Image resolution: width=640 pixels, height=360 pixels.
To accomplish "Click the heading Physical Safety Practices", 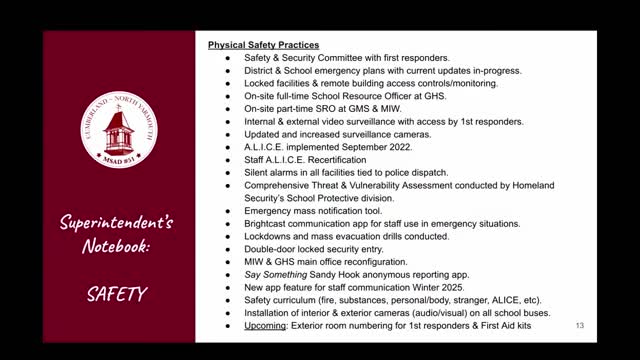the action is [x=263, y=45].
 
